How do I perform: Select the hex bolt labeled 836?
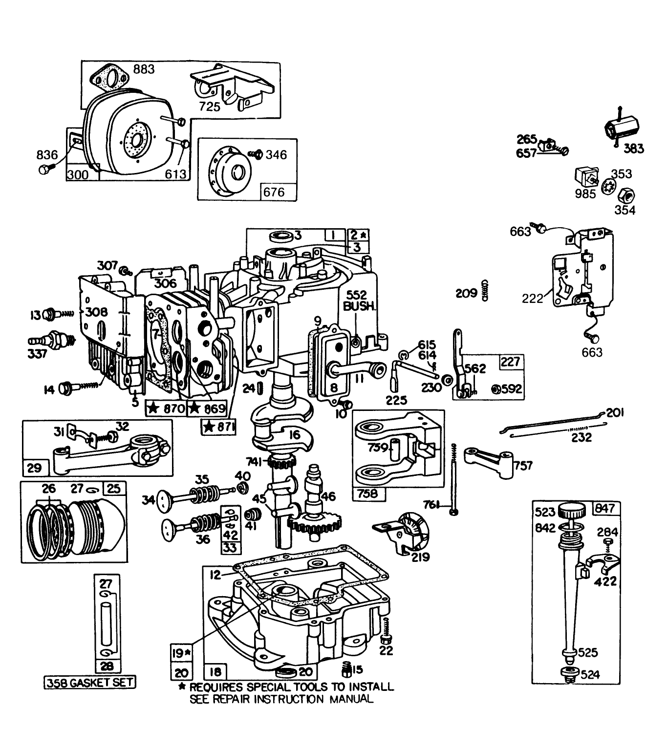pos(44,169)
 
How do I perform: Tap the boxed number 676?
pos(274,192)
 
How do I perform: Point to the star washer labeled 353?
pos(609,187)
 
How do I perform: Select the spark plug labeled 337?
pos(57,339)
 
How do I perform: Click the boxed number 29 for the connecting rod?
pos(34,468)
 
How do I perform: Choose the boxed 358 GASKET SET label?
pos(90,682)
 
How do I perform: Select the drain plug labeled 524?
pos(568,674)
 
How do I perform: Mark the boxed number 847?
pos(605,509)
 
